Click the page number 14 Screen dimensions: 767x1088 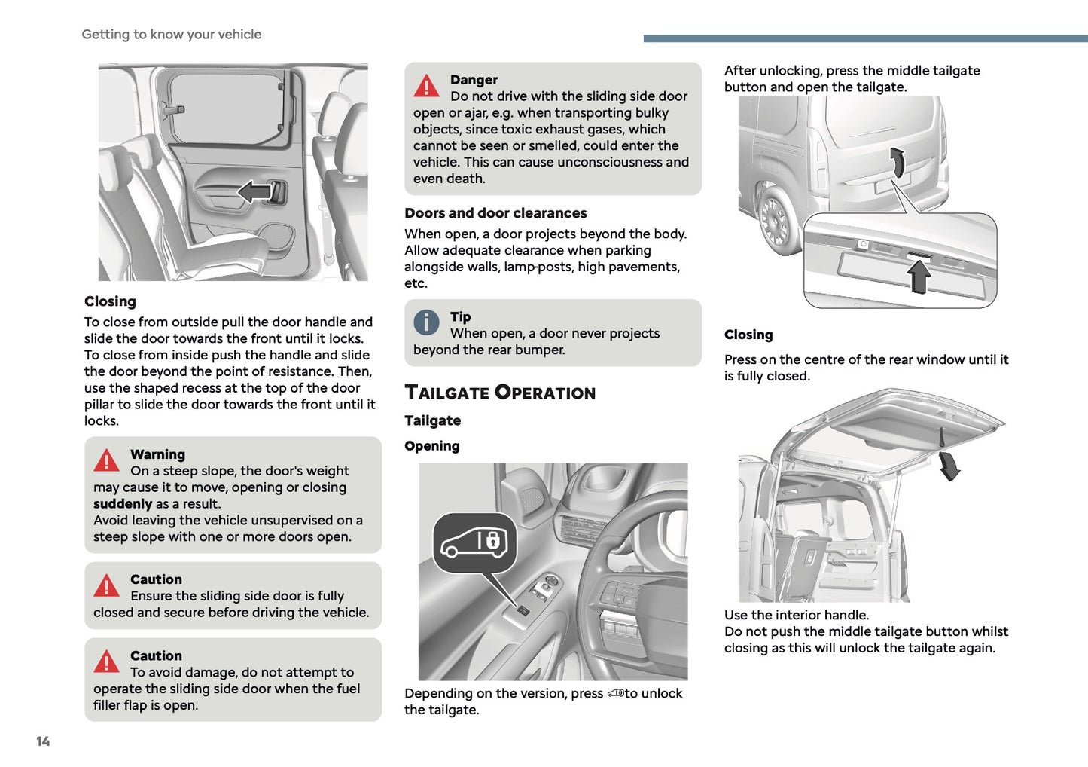(x=43, y=741)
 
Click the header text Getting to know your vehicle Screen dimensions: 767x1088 (x=172, y=35)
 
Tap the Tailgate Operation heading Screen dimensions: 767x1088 (x=500, y=393)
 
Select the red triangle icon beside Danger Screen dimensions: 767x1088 (x=426, y=86)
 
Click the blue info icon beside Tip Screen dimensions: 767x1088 (x=426, y=322)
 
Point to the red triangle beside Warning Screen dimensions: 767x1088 (x=106, y=460)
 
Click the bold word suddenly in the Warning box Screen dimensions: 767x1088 (x=123, y=504)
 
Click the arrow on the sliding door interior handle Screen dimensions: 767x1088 (x=254, y=191)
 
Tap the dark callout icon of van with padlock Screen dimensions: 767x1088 (x=474, y=542)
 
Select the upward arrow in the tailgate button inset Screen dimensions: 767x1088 (x=919, y=276)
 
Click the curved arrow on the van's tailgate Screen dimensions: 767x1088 (x=897, y=162)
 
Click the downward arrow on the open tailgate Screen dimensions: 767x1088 (x=949, y=466)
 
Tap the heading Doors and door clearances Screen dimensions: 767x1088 (x=495, y=213)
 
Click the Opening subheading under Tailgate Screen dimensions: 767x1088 (x=431, y=446)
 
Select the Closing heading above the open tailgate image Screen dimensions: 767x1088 (x=748, y=335)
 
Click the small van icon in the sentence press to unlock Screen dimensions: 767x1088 (x=615, y=693)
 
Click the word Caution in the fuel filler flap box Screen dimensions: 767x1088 (x=156, y=655)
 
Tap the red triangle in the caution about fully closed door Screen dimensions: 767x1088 (x=106, y=585)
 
